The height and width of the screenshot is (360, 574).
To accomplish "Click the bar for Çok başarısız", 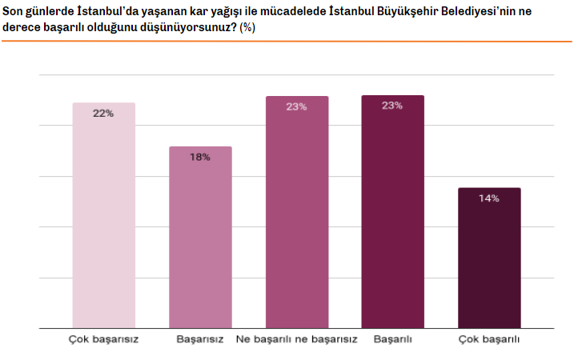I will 103,216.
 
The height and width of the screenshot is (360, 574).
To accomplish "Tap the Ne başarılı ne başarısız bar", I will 296,213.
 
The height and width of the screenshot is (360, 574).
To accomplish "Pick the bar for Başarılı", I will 392,212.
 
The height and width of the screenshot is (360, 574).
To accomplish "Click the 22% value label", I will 103,114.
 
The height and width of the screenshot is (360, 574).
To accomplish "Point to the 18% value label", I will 199,158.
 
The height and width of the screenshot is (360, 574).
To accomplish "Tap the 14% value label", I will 488,198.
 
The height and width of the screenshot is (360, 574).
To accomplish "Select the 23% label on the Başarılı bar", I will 392,106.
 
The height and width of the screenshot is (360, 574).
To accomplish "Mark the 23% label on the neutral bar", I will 296,106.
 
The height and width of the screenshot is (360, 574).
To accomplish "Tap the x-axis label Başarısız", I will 199,339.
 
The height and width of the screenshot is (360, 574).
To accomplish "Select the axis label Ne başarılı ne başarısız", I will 296,339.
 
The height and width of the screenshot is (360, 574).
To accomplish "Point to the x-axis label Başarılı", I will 392,339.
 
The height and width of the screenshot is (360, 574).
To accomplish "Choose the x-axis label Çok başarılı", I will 489,339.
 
